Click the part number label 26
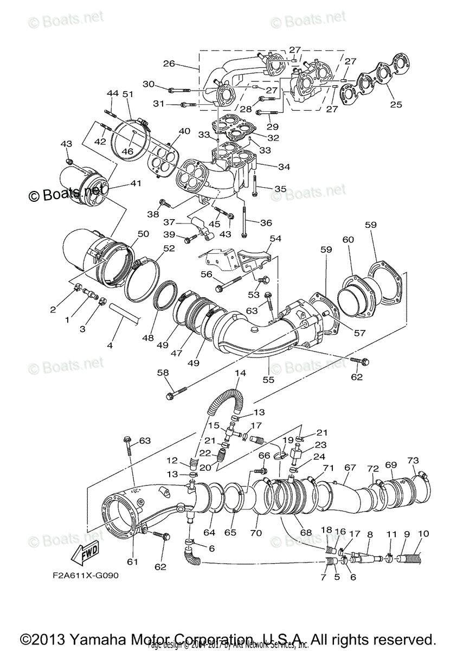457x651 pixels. coord(169,63)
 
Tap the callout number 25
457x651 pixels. coord(396,104)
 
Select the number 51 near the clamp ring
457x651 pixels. coord(128,94)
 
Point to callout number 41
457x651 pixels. coord(135,184)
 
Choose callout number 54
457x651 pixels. coord(276,239)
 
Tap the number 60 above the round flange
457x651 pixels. coord(348,239)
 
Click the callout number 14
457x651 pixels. coord(240,373)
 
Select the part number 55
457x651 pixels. coord(268,380)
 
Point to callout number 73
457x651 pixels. coord(413,461)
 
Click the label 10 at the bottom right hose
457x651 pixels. coord(423,534)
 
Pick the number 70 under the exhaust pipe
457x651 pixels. coord(256,533)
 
